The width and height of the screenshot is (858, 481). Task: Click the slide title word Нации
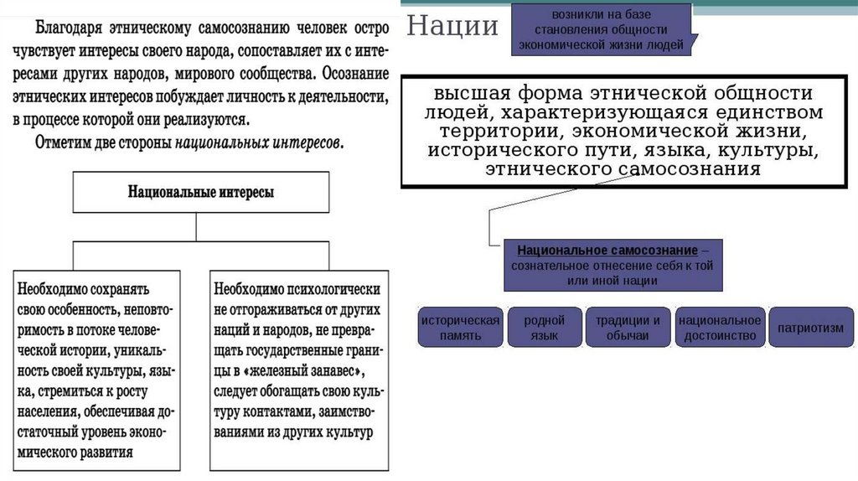452,27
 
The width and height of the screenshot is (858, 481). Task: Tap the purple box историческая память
460,328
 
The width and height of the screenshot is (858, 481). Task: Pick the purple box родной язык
544,328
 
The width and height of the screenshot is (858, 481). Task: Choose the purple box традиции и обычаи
628,328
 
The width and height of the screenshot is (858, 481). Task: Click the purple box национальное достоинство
720,328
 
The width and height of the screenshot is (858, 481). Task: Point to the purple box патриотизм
810,328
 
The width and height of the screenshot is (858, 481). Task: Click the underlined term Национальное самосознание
607,251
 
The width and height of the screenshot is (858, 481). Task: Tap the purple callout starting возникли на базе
601,30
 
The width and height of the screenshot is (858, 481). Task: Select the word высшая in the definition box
473,94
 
